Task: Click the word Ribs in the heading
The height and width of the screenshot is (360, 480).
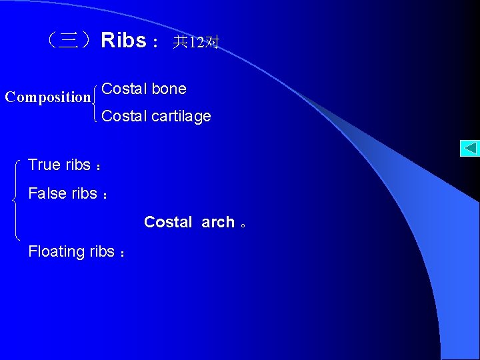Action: point(123,41)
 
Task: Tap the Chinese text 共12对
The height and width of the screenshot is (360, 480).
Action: point(195,43)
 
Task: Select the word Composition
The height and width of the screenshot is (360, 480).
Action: point(47,97)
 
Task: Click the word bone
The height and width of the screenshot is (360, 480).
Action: point(169,89)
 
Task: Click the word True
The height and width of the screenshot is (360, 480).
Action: point(45,165)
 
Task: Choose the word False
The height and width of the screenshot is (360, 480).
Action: point(47,193)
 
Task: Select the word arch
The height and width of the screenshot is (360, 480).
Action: point(218,222)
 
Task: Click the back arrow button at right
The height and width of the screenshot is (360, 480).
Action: point(469,148)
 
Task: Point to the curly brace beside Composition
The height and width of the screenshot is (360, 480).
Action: point(97,103)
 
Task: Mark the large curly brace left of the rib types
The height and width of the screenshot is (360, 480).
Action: point(16,199)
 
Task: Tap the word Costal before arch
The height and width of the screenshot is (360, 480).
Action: point(168,222)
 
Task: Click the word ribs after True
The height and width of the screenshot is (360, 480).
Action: point(78,165)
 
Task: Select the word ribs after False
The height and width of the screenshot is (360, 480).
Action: point(84,193)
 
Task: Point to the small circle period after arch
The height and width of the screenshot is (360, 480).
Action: point(244,225)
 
